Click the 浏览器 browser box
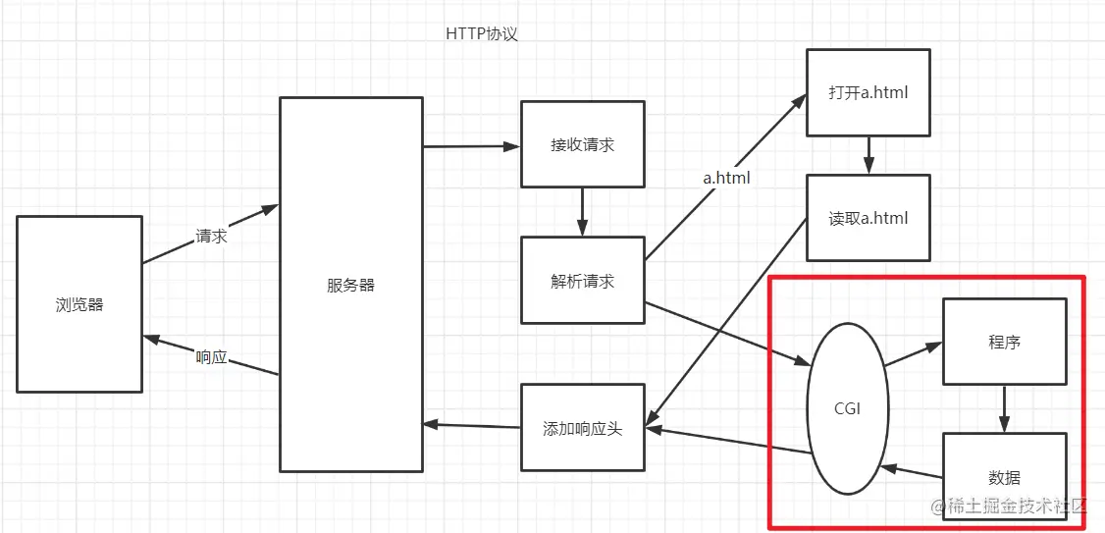coord(79,304)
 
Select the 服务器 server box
coord(351,285)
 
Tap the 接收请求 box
coord(582,144)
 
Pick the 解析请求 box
coord(582,280)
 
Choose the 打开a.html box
coord(868,93)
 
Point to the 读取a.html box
coord(868,218)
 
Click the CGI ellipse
coord(846,408)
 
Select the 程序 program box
coord(1004,342)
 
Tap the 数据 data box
coord(1004,477)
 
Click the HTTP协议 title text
coord(481,33)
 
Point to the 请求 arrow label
coord(211,236)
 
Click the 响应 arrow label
coord(211,357)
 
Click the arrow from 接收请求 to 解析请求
coord(582,211)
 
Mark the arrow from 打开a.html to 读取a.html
coord(868,155)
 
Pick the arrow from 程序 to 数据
coord(1004,407)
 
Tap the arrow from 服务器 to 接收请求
coord(471,146)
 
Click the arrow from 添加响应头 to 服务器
coord(471,425)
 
